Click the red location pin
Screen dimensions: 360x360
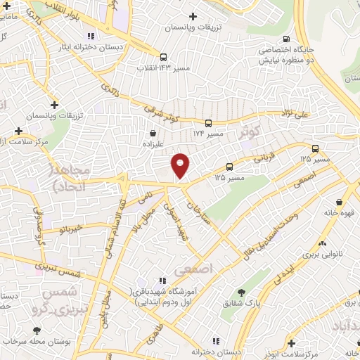pyautogui.click(x=181, y=165)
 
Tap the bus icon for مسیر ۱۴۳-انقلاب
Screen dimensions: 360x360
pyautogui.click(x=163, y=57)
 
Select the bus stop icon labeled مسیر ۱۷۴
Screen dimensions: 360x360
pyautogui.click(x=208, y=122)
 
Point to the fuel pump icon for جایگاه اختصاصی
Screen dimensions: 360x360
pyautogui.click(x=285, y=39)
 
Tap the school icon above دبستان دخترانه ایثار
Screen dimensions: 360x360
pyautogui.click(x=89, y=36)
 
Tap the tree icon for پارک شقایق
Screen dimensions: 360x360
pyautogui.click(x=242, y=292)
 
